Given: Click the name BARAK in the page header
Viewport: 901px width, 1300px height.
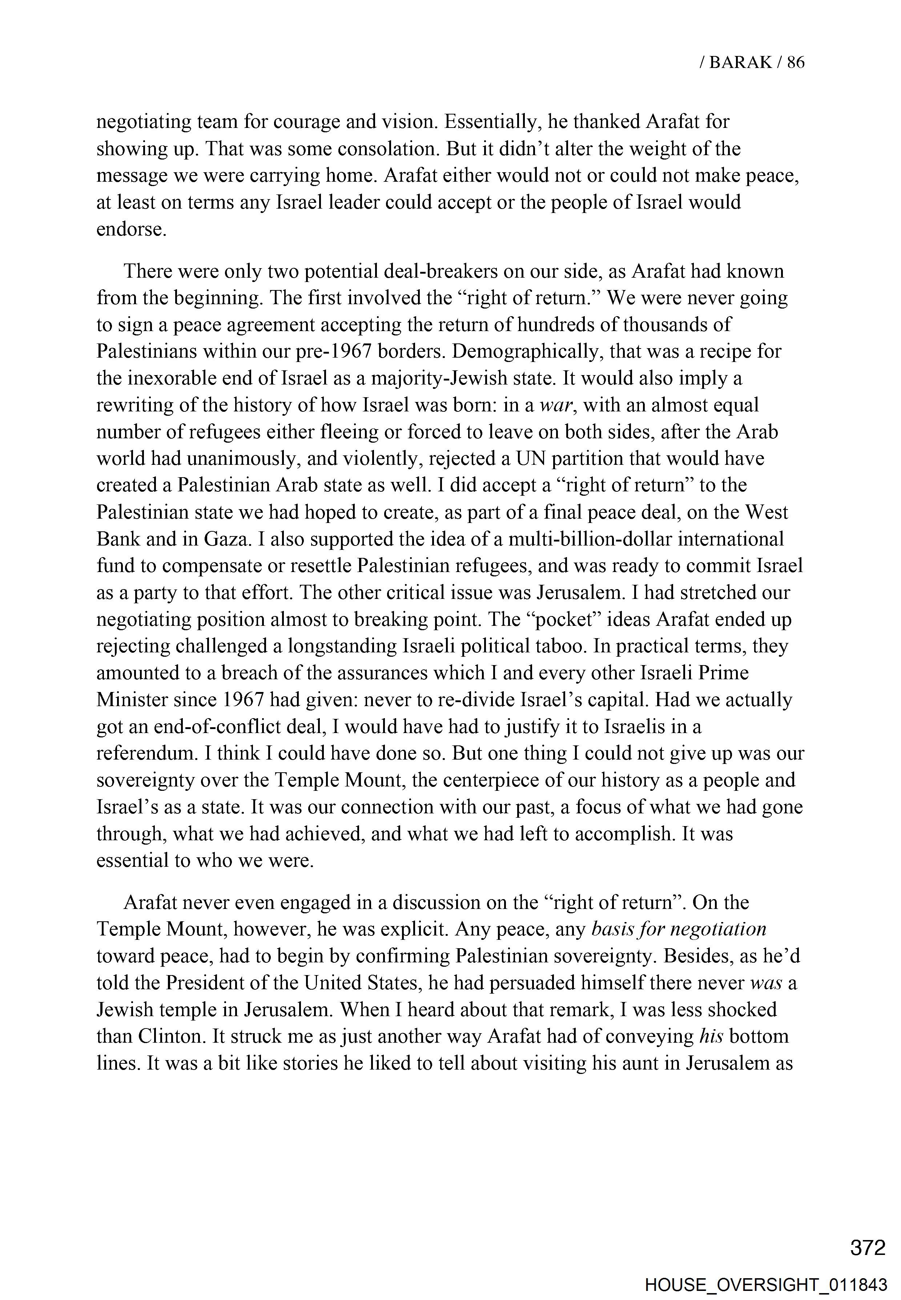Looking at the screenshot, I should [740, 62].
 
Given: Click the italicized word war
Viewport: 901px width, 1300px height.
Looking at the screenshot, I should [555, 405].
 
